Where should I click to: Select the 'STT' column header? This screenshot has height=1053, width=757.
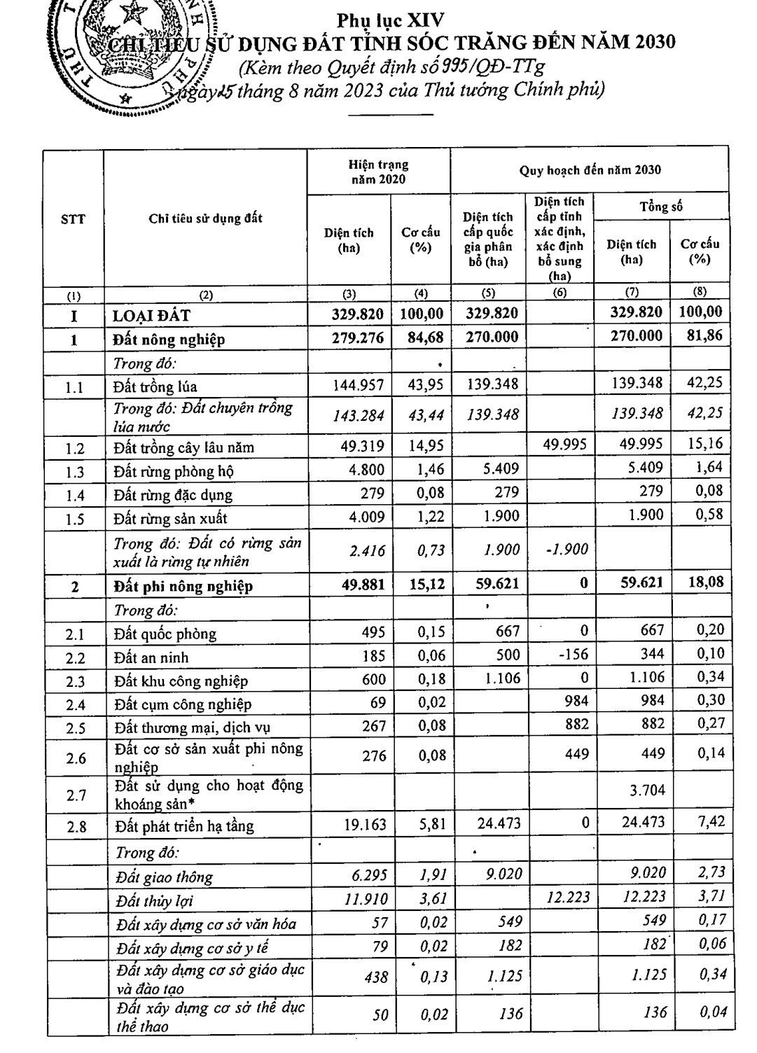(73, 219)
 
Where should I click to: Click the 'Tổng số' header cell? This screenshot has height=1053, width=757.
(660, 207)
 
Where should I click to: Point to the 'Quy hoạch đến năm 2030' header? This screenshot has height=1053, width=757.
(590, 170)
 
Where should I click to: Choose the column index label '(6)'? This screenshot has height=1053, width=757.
(560, 293)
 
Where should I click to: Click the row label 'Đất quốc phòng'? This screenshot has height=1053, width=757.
(165, 634)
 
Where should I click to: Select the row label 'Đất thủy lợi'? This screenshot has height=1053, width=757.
(154, 901)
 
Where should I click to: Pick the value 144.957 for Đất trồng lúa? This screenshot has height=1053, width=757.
(358, 386)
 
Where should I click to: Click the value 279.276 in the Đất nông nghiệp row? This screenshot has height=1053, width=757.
(358, 339)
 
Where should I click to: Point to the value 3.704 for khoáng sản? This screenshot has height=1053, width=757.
(642, 790)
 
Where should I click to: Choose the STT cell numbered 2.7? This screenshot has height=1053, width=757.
(75, 795)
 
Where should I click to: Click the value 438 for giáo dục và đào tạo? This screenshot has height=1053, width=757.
(376, 975)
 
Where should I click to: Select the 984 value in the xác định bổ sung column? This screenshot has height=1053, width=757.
(577, 700)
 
